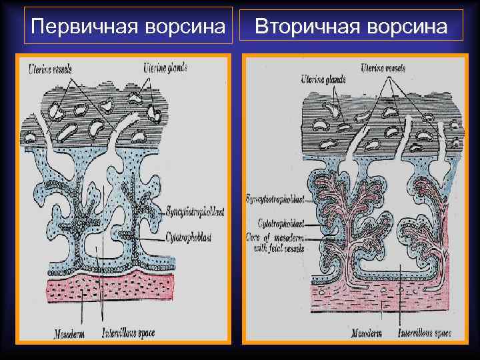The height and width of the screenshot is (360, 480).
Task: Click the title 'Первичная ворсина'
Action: coord(128,27)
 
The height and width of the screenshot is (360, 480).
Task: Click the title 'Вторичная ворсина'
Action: coord(351,27)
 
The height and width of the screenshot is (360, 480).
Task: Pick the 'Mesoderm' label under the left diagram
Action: coord(67,331)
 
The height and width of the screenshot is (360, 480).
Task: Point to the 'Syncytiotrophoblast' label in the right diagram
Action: coord(275,199)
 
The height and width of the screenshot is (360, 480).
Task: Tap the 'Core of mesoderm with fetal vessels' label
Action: coord(275,243)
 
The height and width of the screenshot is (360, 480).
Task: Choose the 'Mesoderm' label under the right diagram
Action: coord(366,332)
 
